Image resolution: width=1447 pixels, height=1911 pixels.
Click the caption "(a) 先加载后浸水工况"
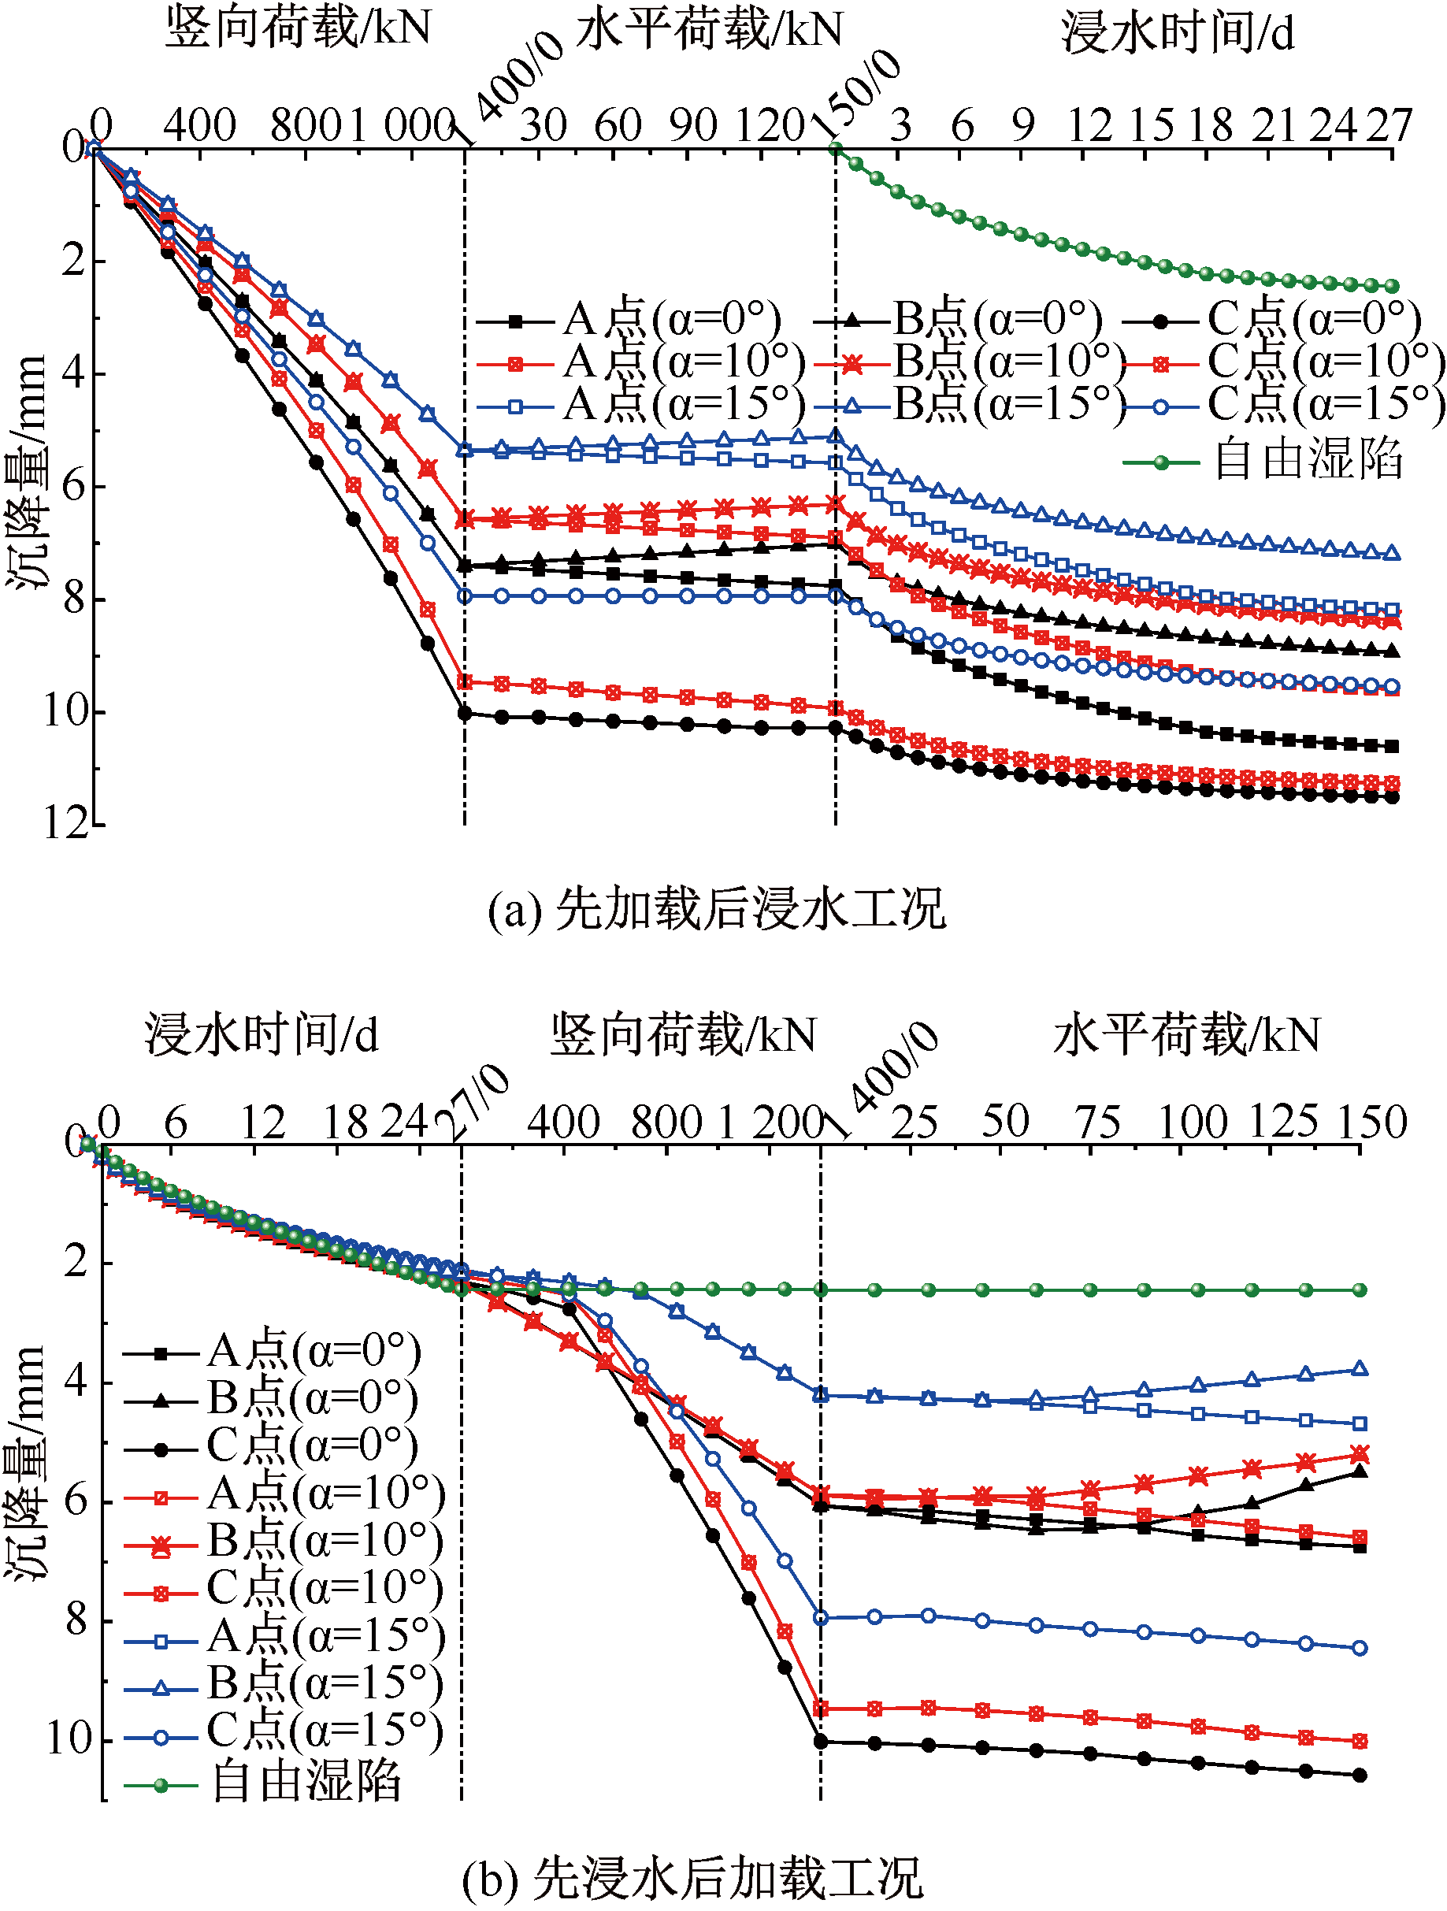[717, 909]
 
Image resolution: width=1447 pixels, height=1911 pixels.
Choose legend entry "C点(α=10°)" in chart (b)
[284, 1587]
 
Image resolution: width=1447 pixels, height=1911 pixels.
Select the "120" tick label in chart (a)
[770, 126]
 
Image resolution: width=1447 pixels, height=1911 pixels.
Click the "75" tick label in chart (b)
[1098, 1122]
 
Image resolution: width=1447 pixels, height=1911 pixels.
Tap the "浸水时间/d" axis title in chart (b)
[262, 1034]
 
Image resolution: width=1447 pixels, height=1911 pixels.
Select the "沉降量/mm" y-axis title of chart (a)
[27, 473]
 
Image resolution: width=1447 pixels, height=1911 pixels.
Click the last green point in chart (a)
[1392, 286]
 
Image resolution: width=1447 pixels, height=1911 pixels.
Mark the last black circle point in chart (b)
[1360, 1776]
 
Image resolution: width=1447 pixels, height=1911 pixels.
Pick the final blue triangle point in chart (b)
[1360, 1368]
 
